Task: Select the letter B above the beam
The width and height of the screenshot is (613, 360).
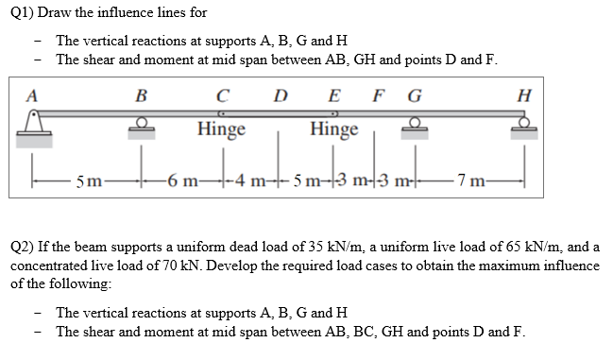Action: tap(142, 94)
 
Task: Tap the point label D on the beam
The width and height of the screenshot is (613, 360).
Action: tap(280, 94)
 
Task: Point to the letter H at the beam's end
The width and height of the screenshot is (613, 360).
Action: tap(525, 94)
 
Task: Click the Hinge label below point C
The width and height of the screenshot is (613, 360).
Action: tap(222, 129)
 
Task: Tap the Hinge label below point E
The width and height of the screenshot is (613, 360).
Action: tap(334, 129)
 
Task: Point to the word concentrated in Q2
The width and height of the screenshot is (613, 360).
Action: tap(47, 266)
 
